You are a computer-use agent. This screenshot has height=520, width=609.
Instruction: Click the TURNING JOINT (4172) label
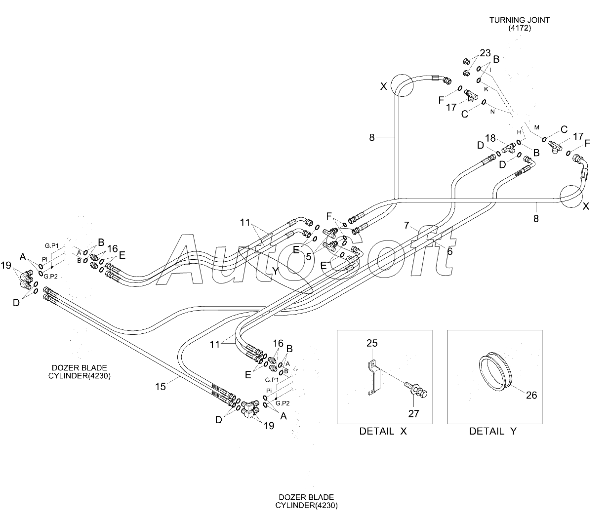click(x=520, y=24)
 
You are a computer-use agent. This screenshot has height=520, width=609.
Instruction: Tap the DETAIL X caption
click(x=383, y=431)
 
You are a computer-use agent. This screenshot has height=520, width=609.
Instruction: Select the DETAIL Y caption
click(x=493, y=431)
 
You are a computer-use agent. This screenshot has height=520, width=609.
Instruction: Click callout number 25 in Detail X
click(x=372, y=343)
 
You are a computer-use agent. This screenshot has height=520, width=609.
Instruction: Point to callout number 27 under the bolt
click(x=414, y=414)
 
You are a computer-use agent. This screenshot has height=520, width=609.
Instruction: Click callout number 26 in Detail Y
click(x=531, y=395)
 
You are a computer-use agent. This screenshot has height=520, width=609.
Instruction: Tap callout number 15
click(x=161, y=387)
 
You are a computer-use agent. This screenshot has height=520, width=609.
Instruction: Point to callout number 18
click(x=490, y=138)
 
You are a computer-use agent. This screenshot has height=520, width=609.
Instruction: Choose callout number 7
click(x=406, y=225)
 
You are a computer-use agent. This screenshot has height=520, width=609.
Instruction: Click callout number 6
click(x=449, y=251)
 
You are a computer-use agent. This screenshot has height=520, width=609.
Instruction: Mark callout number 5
click(x=309, y=257)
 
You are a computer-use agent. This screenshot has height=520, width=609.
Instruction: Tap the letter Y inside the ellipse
click(x=275, y=271)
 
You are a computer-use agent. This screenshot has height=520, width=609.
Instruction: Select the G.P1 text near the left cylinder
click(x=51, y=246)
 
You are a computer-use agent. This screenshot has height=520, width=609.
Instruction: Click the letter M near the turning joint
click(x=536, y=127)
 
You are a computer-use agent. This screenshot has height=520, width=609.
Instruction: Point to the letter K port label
click(x=486, y=89)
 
